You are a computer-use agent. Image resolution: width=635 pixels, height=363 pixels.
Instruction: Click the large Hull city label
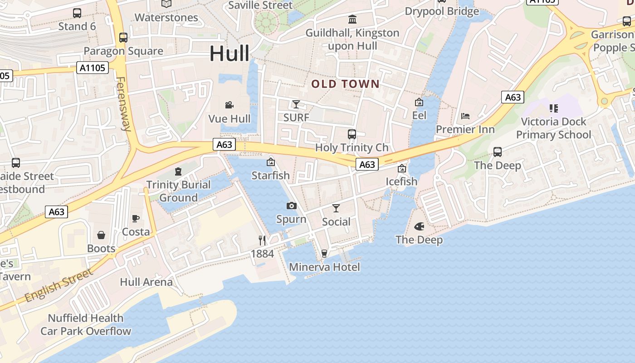[x=229, y=54]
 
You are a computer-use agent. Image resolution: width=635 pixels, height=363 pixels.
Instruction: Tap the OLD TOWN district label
[x=345, y=83]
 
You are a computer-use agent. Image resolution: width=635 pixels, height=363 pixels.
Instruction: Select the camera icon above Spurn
[x=292, y=206]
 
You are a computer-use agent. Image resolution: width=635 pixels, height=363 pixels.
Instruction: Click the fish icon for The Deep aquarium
[x=419, y=226]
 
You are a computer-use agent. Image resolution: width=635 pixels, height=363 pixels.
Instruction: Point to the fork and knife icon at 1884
[x=262, y=240]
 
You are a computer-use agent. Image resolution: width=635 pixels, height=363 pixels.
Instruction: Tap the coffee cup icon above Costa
[x=136, y=218]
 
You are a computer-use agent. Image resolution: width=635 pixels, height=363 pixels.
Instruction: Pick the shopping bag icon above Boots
[x=101, y=235]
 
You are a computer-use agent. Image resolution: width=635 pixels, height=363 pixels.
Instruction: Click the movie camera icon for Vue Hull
[x=230, y=105]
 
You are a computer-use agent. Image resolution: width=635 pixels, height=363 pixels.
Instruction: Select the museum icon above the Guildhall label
[x=352, y=19]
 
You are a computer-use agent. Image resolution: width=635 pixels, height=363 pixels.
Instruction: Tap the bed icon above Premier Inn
[x=465, y=116]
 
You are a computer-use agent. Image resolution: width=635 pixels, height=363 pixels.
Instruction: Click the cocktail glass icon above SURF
[x=296, y=104]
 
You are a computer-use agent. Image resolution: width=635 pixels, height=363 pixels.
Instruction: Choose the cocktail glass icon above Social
[x=336, y=208]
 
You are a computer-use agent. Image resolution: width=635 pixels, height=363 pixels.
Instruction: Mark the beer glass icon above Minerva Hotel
[x=324, y=253]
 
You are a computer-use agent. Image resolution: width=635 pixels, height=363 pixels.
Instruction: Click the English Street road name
[x=59, y=285]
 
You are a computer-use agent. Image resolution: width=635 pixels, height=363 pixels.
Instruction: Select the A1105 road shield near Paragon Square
[x=93, y=68]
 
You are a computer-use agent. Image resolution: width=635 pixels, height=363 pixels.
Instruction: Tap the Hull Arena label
[x=146, y=282]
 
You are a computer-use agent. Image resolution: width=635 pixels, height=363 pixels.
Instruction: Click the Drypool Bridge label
[x=442, y=11]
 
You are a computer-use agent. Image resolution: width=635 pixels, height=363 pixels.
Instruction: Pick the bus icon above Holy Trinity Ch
[x=352, y=134]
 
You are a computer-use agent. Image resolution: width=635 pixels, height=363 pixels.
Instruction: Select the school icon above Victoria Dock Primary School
[x=553, y=108]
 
